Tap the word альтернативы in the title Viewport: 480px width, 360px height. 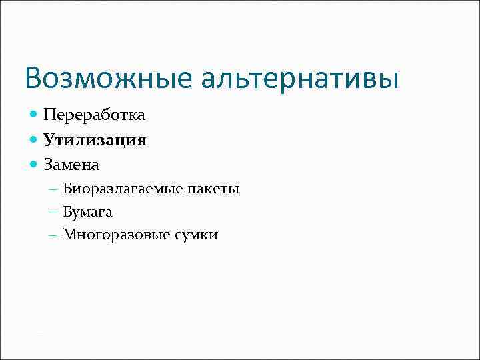pos(299,78)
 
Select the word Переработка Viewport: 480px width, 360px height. pos(94,115)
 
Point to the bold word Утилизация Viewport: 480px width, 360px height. pos(95,140)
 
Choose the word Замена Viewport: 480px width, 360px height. pos(71,163)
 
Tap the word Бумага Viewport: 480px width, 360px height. pos(88,212)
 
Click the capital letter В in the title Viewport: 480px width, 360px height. pos(33,78)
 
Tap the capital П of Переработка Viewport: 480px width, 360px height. pos(49,115)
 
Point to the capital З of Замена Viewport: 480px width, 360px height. pos(48,163)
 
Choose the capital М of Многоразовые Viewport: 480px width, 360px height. pos(69,235)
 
